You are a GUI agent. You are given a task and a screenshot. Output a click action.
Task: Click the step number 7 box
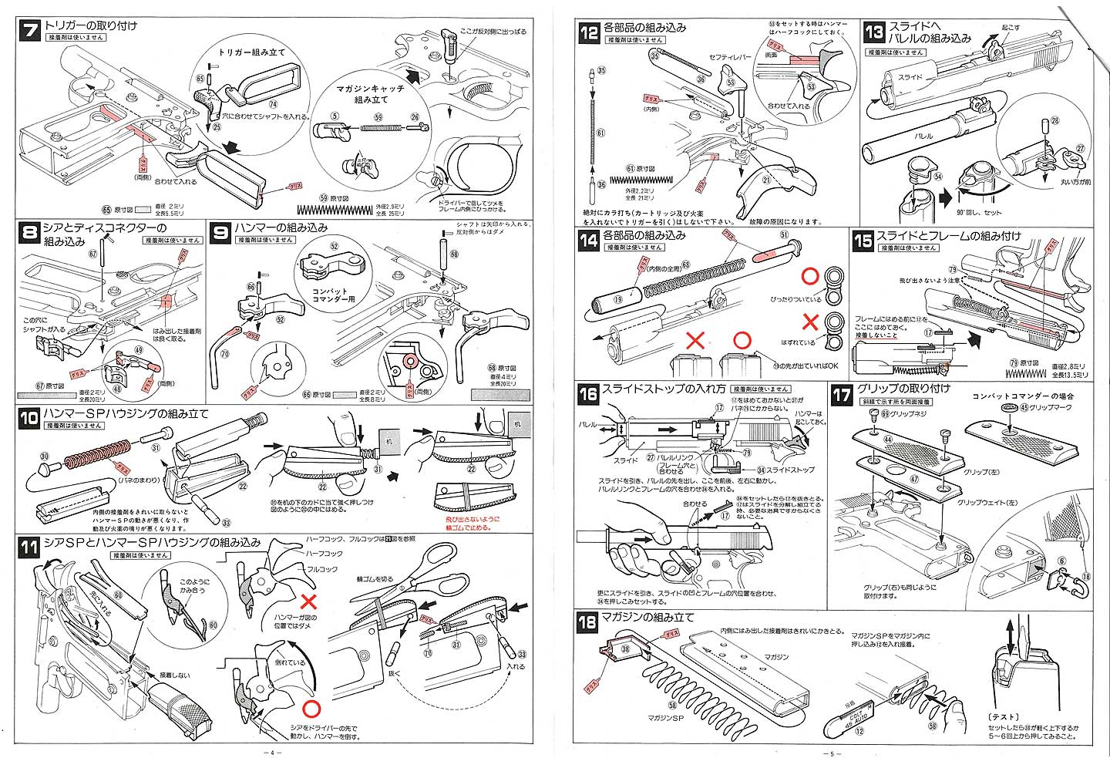(x=30, y=32)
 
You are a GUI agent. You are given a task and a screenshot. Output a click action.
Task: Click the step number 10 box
(x=29, y=418)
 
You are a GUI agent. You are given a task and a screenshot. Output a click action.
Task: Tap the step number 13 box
(x=873, y=32)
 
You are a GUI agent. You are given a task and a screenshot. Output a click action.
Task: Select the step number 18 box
(x=587, y=622)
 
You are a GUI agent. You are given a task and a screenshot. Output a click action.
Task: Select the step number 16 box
(x=588, y=394)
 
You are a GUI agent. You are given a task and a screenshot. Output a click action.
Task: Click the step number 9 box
(x=220, y=232)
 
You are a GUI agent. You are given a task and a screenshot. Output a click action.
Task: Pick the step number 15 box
(x=863, y=241)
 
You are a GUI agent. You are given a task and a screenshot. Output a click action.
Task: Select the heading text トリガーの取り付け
(x=90, y=25)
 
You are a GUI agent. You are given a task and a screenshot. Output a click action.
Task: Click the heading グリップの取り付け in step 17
(x=903, y=389)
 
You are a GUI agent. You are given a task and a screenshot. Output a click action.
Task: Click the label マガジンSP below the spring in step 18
(x=668, y=717)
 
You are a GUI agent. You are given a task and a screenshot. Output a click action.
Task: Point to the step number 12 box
(x=588, y=32)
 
